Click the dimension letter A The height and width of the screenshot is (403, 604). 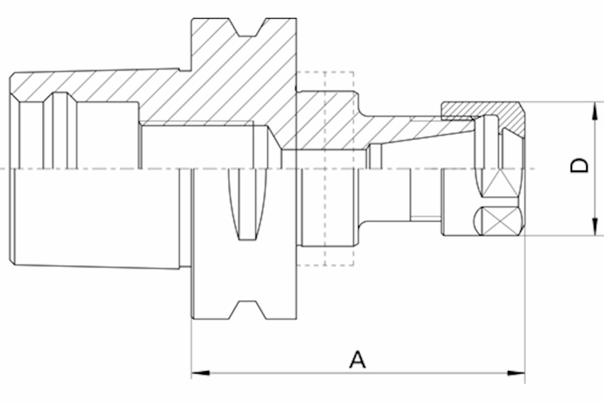[x=357, y=359]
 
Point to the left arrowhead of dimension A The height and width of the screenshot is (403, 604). [x=197, y=372]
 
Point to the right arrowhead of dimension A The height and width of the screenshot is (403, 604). [x=519, y=372]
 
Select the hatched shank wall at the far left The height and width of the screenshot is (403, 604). [x=92, y=85]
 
